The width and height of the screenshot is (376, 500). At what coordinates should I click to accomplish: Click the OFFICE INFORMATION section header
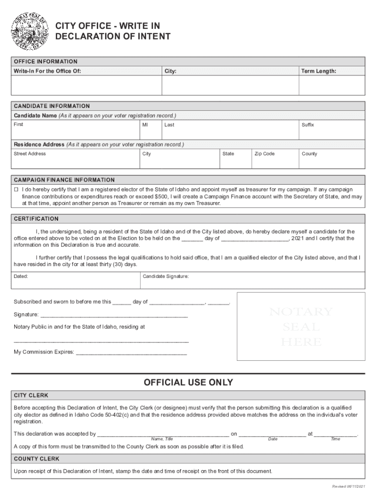coord(45,62)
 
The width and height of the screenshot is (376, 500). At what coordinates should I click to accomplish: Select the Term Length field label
coord(318,71)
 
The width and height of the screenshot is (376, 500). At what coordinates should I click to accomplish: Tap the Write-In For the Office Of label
coord(47,71)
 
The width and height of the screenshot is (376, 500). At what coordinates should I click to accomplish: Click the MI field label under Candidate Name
coord(145,125)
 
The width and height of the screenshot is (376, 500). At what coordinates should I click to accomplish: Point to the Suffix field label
coord(308,125)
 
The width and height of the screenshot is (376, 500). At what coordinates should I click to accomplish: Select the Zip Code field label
coord(264,154)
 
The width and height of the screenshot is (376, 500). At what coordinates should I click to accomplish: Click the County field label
coord(309,154)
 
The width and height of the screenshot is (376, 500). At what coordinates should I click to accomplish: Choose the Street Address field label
coord(30,154)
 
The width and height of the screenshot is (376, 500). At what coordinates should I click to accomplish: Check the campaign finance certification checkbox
coord(16,189)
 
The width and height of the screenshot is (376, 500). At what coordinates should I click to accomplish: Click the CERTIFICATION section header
coord(36,219)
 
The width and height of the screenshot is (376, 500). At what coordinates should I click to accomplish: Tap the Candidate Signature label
coord(166,276)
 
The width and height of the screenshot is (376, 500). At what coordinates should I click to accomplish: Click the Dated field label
coord(21,276)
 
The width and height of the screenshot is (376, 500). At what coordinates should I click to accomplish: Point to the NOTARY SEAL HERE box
coord(300,326)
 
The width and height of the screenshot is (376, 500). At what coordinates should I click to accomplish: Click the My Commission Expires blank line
coord(131,352)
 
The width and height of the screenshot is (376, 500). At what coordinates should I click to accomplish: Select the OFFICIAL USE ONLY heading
coord(188,382)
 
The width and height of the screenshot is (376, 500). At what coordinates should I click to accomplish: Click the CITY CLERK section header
coord(31,395)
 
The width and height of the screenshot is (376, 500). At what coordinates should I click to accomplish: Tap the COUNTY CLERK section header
coord(37,459)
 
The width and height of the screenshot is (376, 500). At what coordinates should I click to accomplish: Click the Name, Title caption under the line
coord(162,439)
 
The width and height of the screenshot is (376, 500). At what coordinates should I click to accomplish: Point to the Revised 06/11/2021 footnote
coord(348,487)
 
